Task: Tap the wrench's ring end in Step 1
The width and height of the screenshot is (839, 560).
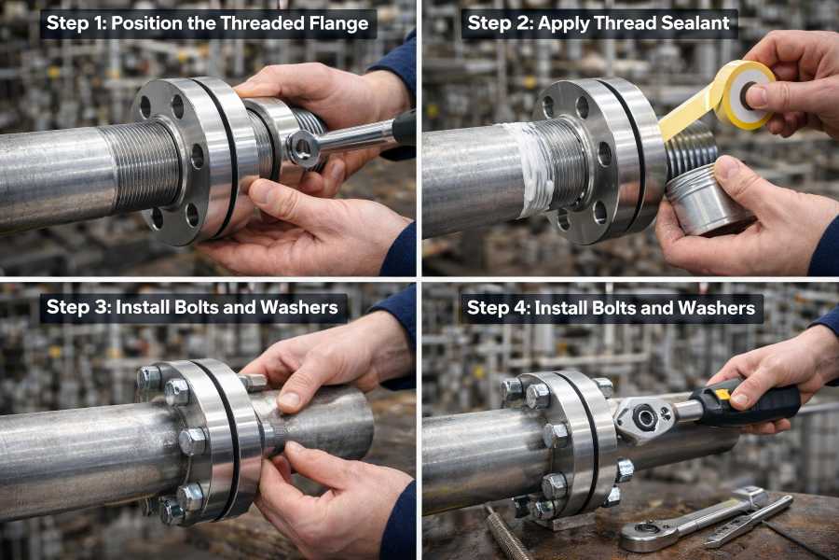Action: [304, 147]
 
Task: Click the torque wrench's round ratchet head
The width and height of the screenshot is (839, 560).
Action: [645, 416]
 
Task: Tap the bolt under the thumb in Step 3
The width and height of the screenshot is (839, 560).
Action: [254, 382]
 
